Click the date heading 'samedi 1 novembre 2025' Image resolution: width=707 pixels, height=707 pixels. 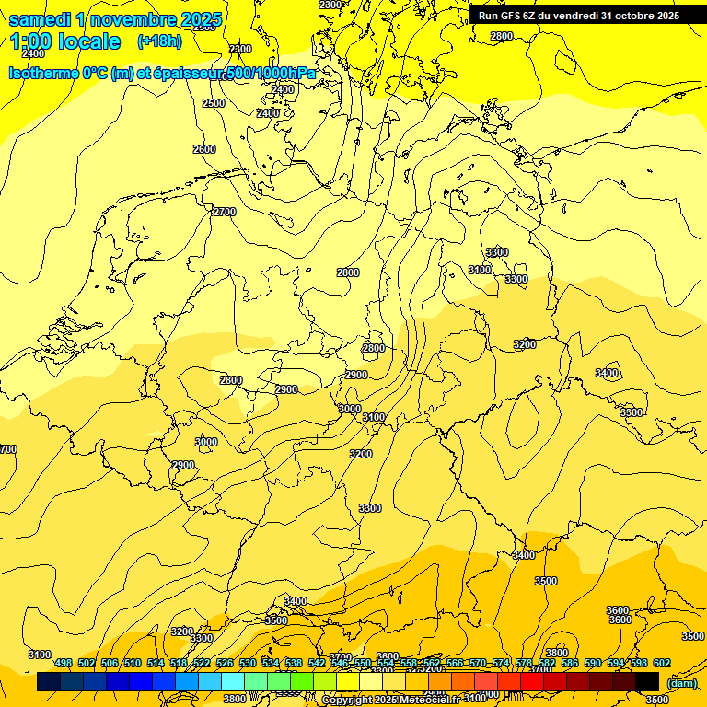[115, 19]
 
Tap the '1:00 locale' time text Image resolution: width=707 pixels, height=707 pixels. [64, 41]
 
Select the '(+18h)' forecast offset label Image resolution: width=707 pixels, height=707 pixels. [159, 41]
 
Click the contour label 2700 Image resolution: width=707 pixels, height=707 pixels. [225, 212]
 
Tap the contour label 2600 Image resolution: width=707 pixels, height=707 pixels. [204, 149]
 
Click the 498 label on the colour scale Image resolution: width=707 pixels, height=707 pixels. [64, 663]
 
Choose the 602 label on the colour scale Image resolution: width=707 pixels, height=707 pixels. [662, 663]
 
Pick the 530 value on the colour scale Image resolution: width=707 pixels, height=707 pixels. [248, 663]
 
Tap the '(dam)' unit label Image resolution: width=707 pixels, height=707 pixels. [681, 682]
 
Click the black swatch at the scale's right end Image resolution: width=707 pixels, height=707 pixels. [647, 682]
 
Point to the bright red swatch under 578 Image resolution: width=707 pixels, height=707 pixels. [532, 682]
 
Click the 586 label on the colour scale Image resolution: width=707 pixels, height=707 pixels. [570, 663]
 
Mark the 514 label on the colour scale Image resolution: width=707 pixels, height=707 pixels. [156, 663]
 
